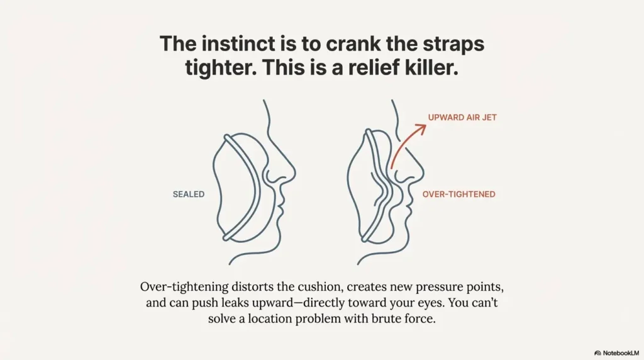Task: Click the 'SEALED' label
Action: [x=189, y=194]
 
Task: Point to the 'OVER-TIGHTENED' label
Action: [x=458, y=194]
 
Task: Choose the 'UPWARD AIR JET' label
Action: [x=462, y=117]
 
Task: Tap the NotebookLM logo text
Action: [x=618, y=353]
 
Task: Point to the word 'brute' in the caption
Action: [x=375, y=318]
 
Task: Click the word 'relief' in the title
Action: [x=348, y=69]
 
